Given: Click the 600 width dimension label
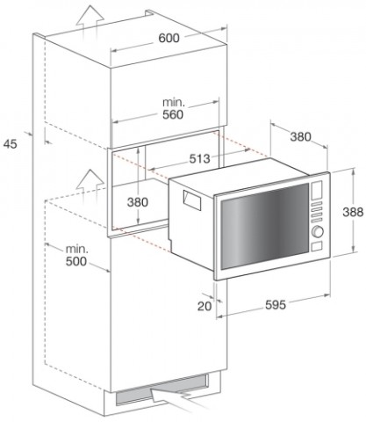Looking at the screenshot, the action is point(169,38).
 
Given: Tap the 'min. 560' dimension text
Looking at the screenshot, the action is point(173,109).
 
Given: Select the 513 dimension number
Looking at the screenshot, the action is point(200,159).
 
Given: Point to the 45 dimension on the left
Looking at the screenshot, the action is point(11,144).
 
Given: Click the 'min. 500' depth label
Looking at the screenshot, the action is point(76,256).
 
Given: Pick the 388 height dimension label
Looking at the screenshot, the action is point(353,212).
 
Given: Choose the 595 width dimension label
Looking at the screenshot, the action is point(276,305).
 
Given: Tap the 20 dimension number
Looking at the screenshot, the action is point(205,306).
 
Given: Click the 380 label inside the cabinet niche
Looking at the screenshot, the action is point(138,202).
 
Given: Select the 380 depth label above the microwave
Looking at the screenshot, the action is point(300,136).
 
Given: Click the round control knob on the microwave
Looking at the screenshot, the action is point(318,231).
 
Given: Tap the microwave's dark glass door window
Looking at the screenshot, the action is point(265,227).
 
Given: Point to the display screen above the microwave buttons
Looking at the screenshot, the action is point(317,190).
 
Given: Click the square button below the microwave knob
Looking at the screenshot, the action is point(317,246).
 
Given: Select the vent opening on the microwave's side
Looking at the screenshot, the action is point(192,200).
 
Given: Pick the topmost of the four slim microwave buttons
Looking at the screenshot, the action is point(317,203).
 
